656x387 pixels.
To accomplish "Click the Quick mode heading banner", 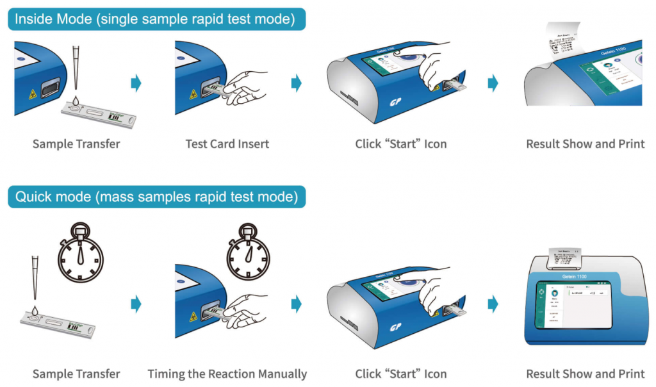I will (156, 197).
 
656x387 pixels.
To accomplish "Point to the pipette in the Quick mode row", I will (33, 282).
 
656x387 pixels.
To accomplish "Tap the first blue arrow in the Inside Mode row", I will (135, 83).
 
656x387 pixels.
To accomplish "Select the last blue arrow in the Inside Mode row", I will (493, 83).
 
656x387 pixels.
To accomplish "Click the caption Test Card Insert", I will (227, 144).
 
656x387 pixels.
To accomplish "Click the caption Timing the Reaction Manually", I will (227, 374).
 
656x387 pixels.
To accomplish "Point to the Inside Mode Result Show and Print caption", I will (585, 144).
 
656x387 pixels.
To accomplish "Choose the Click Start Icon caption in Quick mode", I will (401, 374).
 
